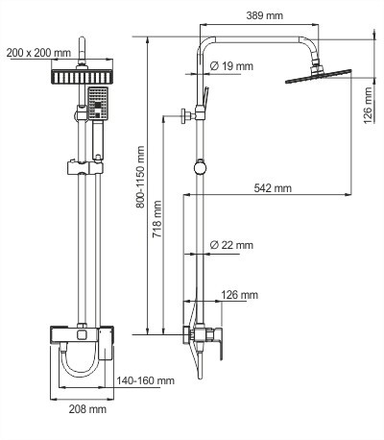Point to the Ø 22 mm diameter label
231,246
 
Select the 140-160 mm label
147,381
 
